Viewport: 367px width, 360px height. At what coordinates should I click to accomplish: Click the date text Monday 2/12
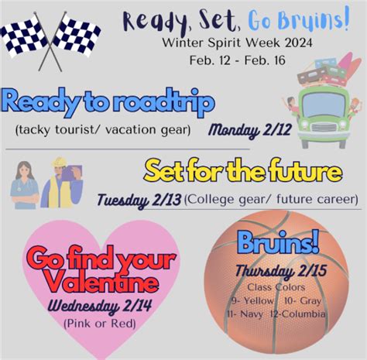[x=250, y=130]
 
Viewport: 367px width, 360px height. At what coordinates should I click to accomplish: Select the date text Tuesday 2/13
[x=139, y=201]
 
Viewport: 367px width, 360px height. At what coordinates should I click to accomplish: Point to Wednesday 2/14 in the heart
[x=100, y=307]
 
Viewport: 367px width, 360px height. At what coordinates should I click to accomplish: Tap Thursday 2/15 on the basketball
[x=281, y=271]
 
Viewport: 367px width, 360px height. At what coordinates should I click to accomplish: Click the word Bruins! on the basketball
[x=278, y=242]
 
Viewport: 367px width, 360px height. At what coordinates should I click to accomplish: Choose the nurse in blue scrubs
[x=24, y=185]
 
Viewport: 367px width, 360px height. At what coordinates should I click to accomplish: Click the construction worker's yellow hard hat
[x=60, y=163]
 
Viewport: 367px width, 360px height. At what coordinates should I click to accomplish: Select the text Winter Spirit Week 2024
[x=237, y=43]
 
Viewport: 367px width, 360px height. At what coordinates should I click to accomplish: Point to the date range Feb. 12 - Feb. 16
[x=238, y=60]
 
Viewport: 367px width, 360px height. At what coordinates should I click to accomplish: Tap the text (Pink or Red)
[x=100, y=324]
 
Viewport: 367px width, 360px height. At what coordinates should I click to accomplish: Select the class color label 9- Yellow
[x=252, y=300]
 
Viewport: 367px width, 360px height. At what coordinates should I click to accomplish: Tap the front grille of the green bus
[x=324, y=128]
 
